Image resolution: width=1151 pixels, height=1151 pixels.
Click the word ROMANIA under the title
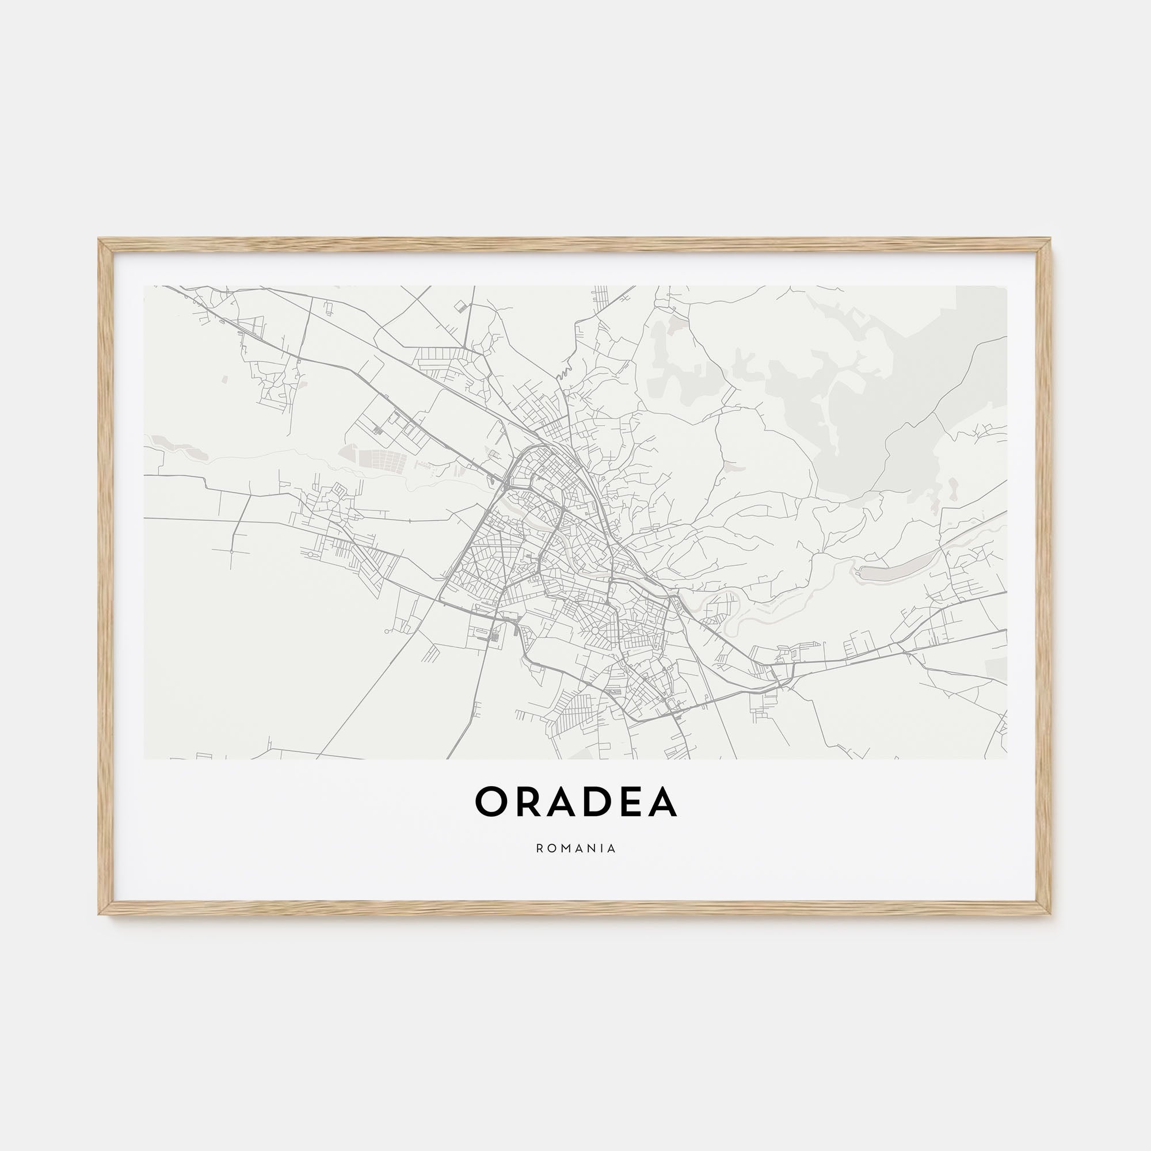(575, 848)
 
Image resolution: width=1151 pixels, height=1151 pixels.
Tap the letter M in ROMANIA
(565, 848)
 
